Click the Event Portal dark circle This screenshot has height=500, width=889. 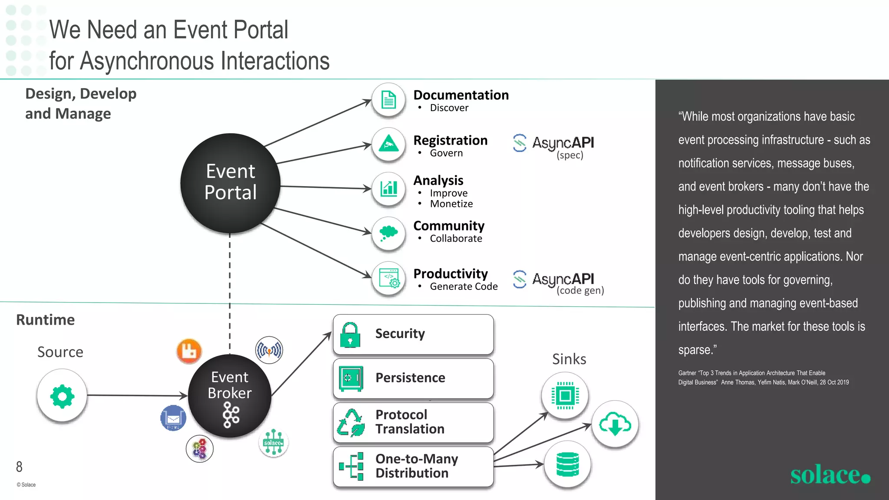[x=230, y=183]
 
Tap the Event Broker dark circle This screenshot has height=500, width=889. [x=230, y=395]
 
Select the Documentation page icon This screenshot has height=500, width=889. [x=389, y=100]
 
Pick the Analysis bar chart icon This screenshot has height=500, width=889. [x=389, y=189]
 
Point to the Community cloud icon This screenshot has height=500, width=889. [x=389, y=234]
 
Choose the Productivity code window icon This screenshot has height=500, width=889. [x=389, y=278]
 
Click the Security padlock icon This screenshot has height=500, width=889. [x=350, y=335]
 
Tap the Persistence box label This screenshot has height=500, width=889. [x=410, y=378]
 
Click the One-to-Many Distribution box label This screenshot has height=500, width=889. [x=416, y=466]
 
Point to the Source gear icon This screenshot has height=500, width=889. [x=62, y=396]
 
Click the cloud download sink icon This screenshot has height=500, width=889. [x=615, y=424]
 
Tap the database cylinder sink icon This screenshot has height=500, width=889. [x=567, y=464]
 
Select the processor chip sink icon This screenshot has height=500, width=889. [x=565, y=395]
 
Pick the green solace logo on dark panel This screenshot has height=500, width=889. [x=830, y=475]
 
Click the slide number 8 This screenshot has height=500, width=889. [x=19, y=467]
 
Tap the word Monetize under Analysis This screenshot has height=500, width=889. [x=451, y=204]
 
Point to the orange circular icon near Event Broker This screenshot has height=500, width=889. [x=189, y=351]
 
